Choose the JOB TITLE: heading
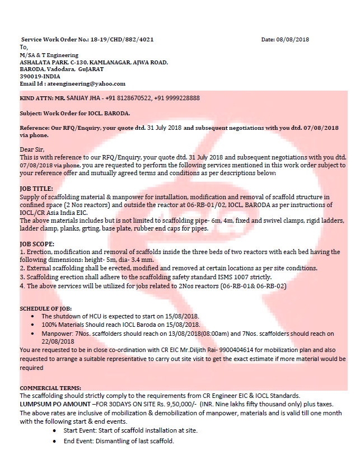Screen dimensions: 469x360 (x=36, y=189)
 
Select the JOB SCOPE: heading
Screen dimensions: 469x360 (x=37, y=245)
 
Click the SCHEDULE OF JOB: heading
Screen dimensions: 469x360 (x=46, y=309)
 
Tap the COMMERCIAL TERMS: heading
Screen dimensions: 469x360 (x=50, y=388)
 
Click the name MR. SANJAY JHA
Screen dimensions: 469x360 (x=78, y=98)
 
